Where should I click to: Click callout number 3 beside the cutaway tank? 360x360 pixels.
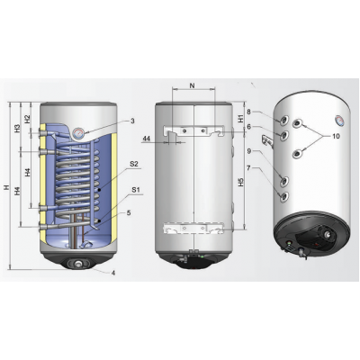coord(132,120)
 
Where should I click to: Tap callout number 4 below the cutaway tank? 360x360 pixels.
coord(113,273)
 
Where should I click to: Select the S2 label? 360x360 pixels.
coord(133,164)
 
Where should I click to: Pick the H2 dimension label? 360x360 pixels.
coord(28,118)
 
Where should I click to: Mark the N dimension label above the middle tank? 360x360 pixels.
coord(193,85)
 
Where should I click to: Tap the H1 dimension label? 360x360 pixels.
coord(241,117)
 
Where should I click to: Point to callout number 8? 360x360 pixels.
coord(249,112)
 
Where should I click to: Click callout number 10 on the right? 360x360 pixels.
coord(335,137)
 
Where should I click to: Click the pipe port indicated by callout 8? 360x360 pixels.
coord(283,118)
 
